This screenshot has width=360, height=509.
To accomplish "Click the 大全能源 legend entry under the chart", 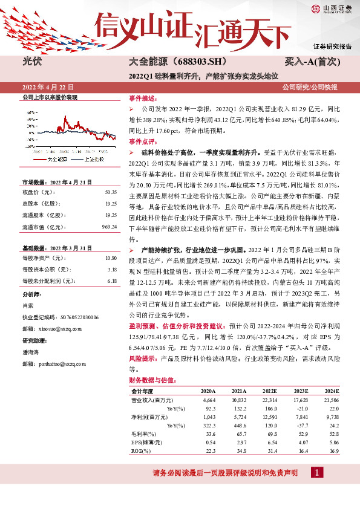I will [x=57, y=159].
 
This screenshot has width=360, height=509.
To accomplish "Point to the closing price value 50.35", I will [x=110, y=192].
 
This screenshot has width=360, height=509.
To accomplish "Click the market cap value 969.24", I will [x=109, y=227].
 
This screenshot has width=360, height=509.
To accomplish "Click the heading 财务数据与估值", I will [x=151, y=380].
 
